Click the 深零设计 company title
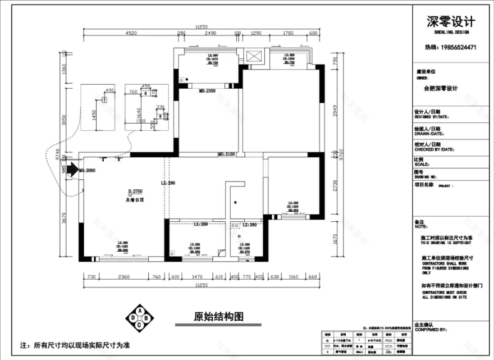tap(451, 22)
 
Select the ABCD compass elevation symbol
tap(138, 318)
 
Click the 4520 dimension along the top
tap(131, 34)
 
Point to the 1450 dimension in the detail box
tap(94, 115)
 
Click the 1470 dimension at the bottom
tap(197, 276)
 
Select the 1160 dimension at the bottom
tap(292, 276)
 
